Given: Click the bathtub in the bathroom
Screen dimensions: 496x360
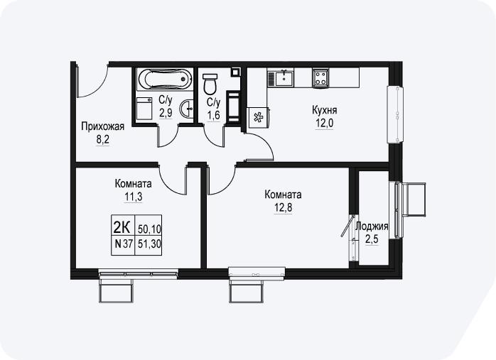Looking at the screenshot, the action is pos(165,79).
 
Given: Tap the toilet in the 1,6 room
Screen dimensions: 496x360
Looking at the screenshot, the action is pos(210,84).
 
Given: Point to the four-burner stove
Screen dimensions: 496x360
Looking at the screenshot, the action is pos(320,78).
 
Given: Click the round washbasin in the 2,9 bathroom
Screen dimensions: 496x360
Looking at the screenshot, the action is pos(187,109).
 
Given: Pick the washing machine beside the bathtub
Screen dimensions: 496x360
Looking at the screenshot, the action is pos(144,109).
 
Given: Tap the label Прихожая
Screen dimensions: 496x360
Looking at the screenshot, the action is pos(103,126).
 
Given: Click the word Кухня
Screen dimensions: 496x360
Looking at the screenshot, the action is pos(325,110).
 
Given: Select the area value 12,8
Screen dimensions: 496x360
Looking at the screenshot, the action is pos(283,208).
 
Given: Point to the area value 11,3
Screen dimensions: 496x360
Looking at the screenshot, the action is pos(133,197).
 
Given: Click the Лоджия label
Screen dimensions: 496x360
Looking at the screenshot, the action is pos(372,227).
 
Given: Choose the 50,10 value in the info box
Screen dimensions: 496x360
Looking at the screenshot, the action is pos(149,228).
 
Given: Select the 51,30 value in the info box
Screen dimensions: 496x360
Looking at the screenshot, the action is pos(149,244).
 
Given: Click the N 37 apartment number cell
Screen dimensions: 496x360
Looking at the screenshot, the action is pos(124,244).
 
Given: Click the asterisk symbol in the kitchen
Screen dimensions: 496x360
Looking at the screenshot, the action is pos(259,118).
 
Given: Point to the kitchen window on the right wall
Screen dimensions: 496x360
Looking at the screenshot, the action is pos(396,114).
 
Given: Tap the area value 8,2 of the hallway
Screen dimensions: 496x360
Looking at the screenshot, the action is pos(103,139).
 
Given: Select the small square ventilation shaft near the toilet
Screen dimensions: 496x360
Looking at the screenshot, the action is pos(236,72).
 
